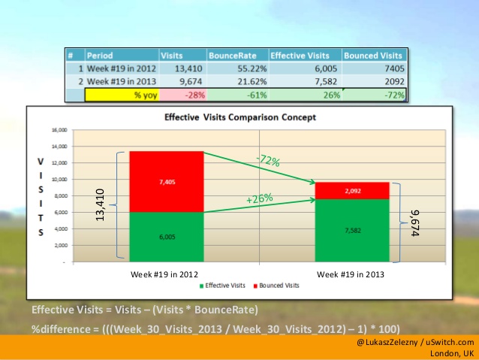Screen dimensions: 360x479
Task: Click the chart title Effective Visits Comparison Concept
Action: pos(239,117)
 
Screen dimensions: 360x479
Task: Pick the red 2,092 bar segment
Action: pos(351,190)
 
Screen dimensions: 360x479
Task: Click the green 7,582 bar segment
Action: pos(351,231)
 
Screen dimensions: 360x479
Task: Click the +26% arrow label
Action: pos(259,198)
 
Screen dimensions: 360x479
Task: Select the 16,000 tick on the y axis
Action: pos(58,129)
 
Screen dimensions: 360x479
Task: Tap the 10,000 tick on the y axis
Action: pos(58,179)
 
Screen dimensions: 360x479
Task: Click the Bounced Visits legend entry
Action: pos(279,286)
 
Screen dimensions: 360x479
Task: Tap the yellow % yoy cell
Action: pos(122,95)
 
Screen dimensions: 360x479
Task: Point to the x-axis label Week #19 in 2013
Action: pos(351,274)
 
